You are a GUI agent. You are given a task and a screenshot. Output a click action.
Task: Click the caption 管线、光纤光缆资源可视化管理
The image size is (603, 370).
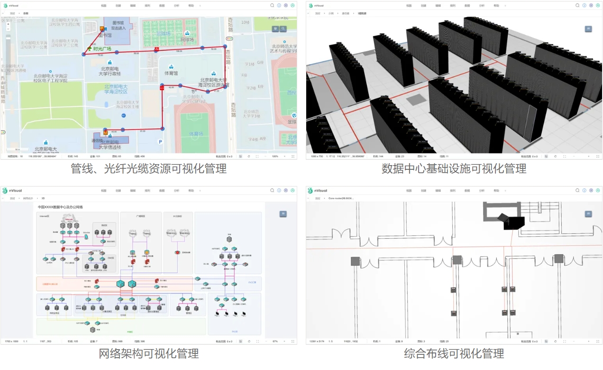coord(148,168)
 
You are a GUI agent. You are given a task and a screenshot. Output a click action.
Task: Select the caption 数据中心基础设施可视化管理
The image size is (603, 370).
coord(454,168)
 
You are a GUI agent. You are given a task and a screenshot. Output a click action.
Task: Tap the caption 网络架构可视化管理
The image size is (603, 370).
coord(148,353)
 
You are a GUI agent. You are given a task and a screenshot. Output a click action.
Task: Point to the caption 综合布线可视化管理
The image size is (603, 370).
coord(454,353)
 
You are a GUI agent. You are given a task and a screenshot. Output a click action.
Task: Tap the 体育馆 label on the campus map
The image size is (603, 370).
coord(171,74)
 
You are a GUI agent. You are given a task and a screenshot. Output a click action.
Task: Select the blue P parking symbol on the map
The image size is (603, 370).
coord(160,141)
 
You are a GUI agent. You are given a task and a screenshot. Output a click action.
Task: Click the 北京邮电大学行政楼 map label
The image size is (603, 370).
coord(110,71)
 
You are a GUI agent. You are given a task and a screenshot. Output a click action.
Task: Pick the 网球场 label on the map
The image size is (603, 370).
coord(187,40)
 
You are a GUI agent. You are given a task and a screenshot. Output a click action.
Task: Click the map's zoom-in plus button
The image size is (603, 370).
coord(8,24)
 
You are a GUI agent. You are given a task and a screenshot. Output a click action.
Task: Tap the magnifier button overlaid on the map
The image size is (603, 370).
coord(283,29)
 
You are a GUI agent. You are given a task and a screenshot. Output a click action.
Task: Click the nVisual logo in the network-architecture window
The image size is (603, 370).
coord(6,191)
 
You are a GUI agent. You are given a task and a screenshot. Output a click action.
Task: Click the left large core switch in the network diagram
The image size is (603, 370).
coord(120,284)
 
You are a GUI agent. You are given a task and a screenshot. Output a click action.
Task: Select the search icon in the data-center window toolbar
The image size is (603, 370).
coord(577,6)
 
